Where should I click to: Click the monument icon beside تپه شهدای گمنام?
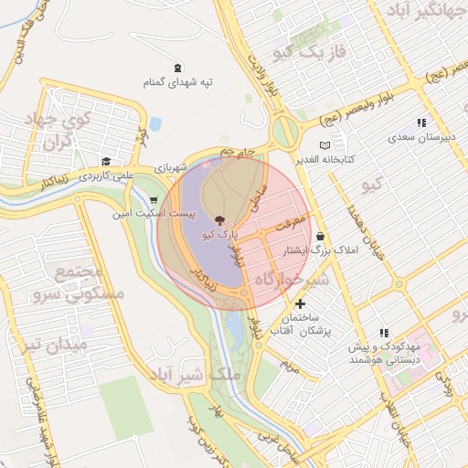point(176,67)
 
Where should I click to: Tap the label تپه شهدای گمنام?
point(176,83)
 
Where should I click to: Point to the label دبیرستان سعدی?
point(421,138)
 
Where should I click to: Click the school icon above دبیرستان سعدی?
point(421,122)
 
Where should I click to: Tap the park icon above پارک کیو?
point(219,220)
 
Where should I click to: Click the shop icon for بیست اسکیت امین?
point(154,199)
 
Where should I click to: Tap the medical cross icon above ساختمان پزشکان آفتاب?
point(300,303)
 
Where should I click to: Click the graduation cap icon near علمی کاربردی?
point(106,161)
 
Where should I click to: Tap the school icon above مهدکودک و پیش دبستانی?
point(384,334)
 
